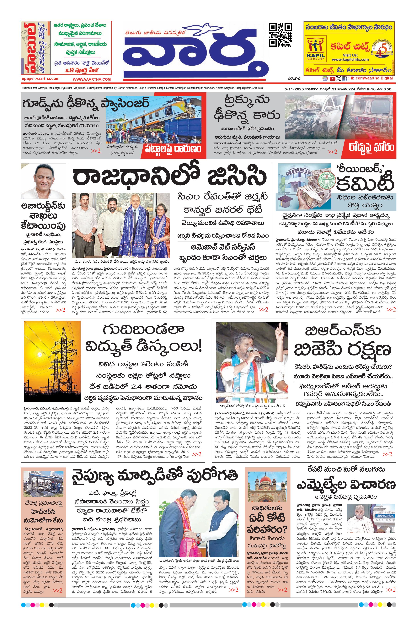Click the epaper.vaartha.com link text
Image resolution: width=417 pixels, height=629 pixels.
(x=41, y=79)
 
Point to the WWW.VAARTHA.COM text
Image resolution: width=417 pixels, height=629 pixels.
(x=92, y=79)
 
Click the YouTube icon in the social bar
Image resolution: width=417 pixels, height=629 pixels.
(x=332, y=79)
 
